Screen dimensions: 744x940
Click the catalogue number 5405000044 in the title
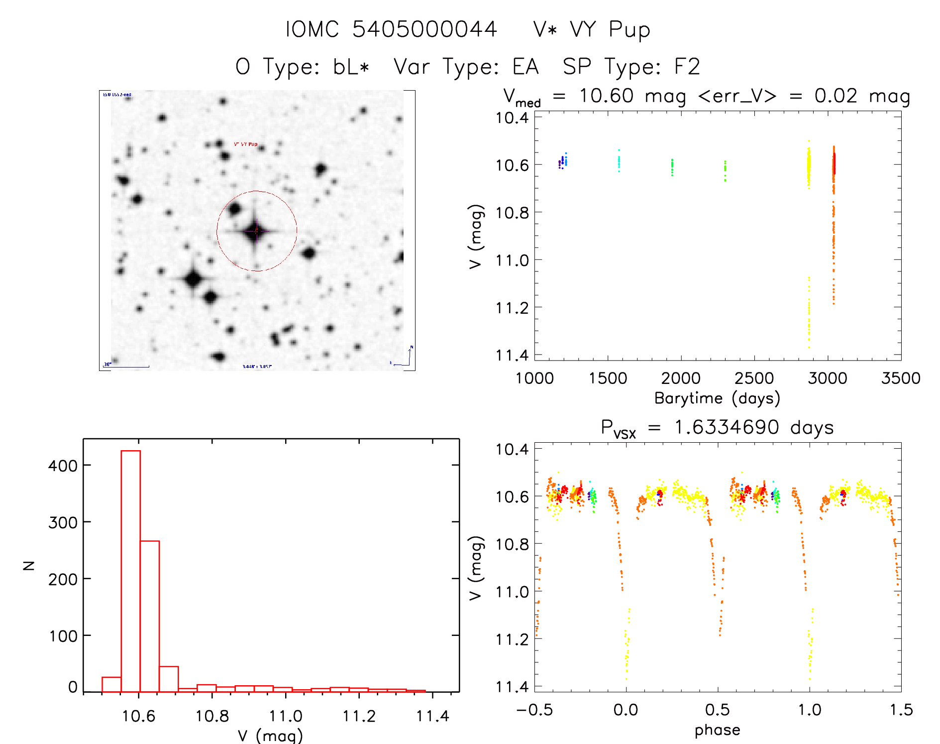click(x=424, y=29)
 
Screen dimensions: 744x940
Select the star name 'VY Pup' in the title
click(x=610, y=29)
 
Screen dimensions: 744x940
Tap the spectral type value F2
click(x=687, y=67)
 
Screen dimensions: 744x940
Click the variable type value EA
click(x=526, y=67)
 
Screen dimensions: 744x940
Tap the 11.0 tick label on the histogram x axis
click(x=286, y=716)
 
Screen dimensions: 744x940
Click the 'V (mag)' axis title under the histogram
click(x=270, y=735)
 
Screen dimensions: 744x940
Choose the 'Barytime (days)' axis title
click(x=717, y=398)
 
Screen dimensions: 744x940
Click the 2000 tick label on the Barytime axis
click(x=681, y=378)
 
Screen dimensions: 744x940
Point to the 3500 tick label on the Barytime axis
click(x=901, y=378)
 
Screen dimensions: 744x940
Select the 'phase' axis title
click(x=717, y=730)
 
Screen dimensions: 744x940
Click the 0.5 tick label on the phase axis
click(x=718, y=710)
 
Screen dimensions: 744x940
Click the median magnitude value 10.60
click(x=606, y=96)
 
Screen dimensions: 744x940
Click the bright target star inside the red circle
click(x=256, y=231)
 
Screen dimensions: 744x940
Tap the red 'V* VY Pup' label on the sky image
click(x=246, y=144)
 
